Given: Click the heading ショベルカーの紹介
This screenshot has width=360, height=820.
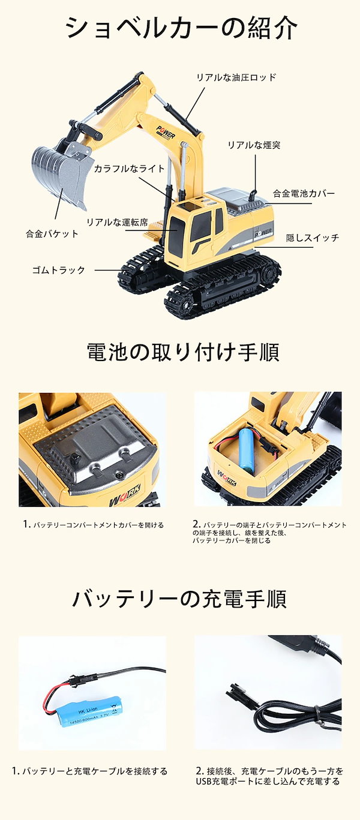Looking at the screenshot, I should coord(181,28).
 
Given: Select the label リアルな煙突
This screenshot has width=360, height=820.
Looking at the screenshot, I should coord(253,145).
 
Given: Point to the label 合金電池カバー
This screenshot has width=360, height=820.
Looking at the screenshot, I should coord(304,193).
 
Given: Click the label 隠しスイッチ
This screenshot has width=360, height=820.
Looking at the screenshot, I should coord(312,238).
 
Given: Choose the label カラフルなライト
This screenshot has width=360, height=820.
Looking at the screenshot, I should coord(129,169).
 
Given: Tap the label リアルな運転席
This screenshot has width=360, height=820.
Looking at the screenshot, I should coord(116,222).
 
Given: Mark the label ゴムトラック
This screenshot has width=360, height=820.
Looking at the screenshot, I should coord(59,270).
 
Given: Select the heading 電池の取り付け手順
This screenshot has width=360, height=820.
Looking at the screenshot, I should coord(182,352).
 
